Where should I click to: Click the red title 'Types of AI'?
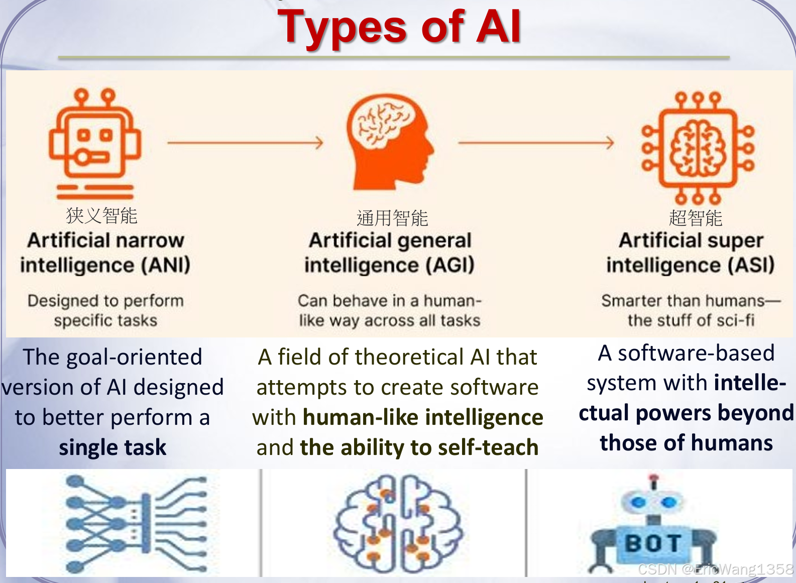(x=399, y=27)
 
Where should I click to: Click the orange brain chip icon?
(x=698, y=148)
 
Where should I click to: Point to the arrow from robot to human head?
(x=245, y=143)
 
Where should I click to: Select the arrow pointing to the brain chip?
(x=536, y=143)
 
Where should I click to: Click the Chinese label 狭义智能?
(x=101, y=215)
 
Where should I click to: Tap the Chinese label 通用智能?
(x=392, y=218)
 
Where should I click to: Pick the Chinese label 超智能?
(x=695, y=218)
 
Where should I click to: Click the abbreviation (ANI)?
(x=166, y=265)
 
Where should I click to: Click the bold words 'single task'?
(x=112, y=447)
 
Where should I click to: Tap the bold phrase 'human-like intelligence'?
(x=423, y=417)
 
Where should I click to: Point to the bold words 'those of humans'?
(x=686, y=443)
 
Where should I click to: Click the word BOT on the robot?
(x=653, y=543)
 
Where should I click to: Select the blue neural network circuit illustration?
(x=136, y=524)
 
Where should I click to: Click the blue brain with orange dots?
(x=398, y=524)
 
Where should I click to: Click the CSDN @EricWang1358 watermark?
(x=715, y=569)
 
